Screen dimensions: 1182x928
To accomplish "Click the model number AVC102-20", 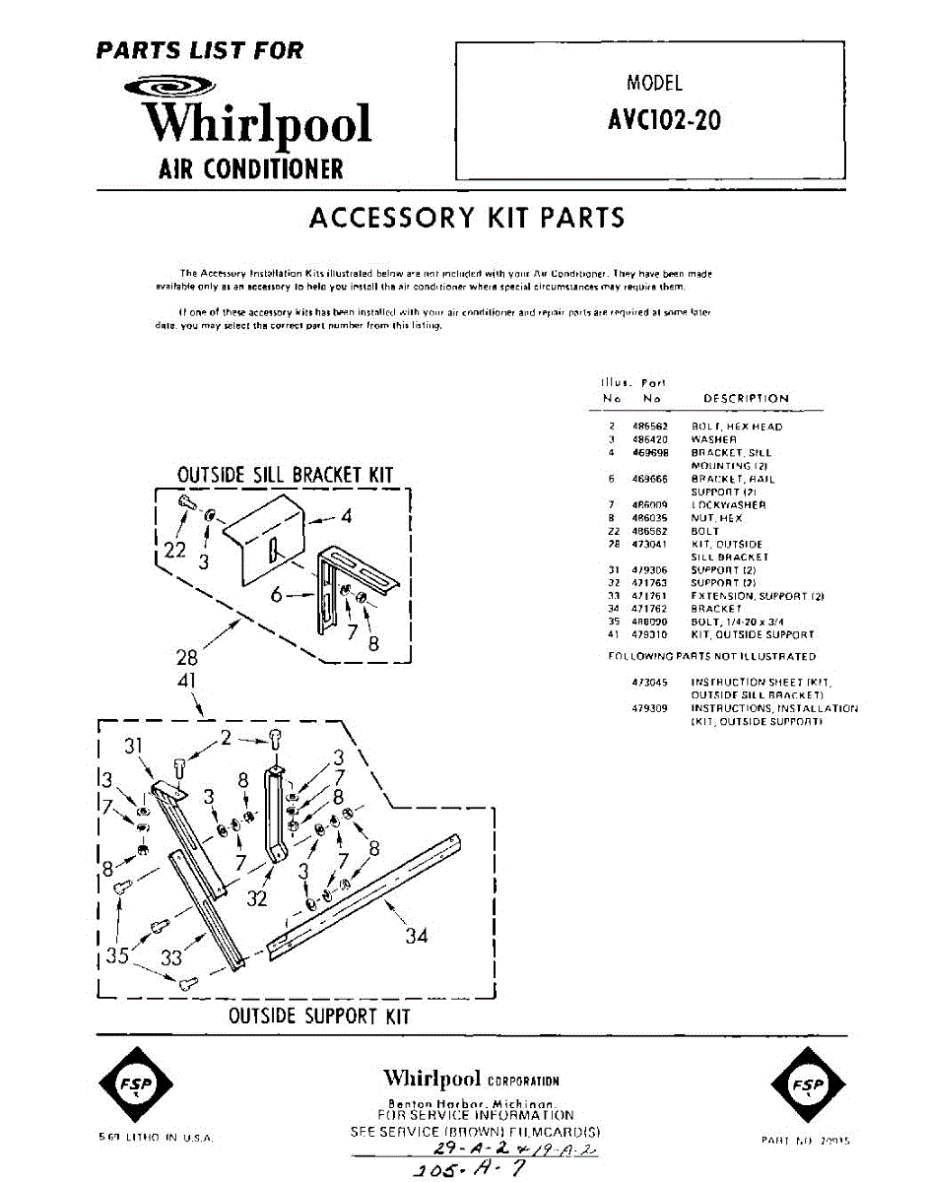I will (664, 119).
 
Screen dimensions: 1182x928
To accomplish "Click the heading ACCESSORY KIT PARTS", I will (467, 217).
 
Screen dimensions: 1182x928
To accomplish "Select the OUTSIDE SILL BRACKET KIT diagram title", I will (285, 475).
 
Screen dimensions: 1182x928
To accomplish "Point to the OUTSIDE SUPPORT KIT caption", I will (319, 1016).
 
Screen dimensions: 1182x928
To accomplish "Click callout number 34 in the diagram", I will (417, 935).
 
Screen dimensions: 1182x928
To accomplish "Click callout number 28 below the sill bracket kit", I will (187, 657).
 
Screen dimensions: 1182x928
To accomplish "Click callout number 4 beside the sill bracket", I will (347, 515).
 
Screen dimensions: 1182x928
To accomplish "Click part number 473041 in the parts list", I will (651, 544).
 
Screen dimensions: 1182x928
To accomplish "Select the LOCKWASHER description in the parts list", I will (728, 504).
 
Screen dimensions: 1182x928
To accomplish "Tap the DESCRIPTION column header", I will (746, 399).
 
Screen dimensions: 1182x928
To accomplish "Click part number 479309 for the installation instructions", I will (651, 708).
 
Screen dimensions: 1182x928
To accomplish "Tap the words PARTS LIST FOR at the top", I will (200, 50).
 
